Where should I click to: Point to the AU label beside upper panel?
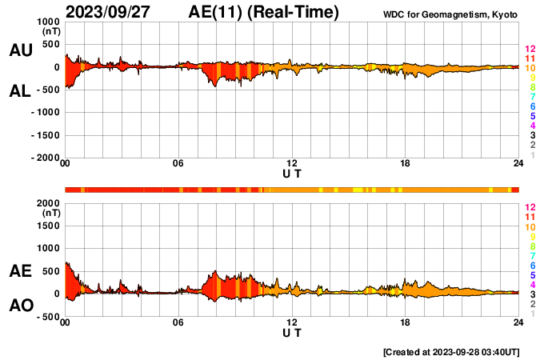[x=20, y=50]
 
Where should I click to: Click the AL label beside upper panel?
[x=20, y=91]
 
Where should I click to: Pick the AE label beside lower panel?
[x=20, y=271]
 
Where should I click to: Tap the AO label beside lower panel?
[x=20, y=306]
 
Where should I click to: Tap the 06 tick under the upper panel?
[x=178, y=164]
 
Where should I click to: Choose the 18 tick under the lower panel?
[x=406, y=322]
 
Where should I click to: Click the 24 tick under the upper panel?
[x=518, y=164]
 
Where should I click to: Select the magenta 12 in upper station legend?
[x=530, y=50]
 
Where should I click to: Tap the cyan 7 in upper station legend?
[x=532, y=97]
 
